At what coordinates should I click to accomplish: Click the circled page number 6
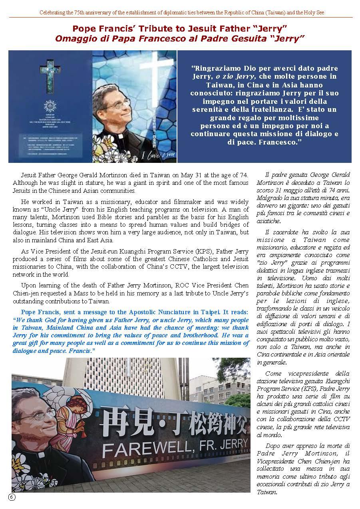[x=12, y=497]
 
